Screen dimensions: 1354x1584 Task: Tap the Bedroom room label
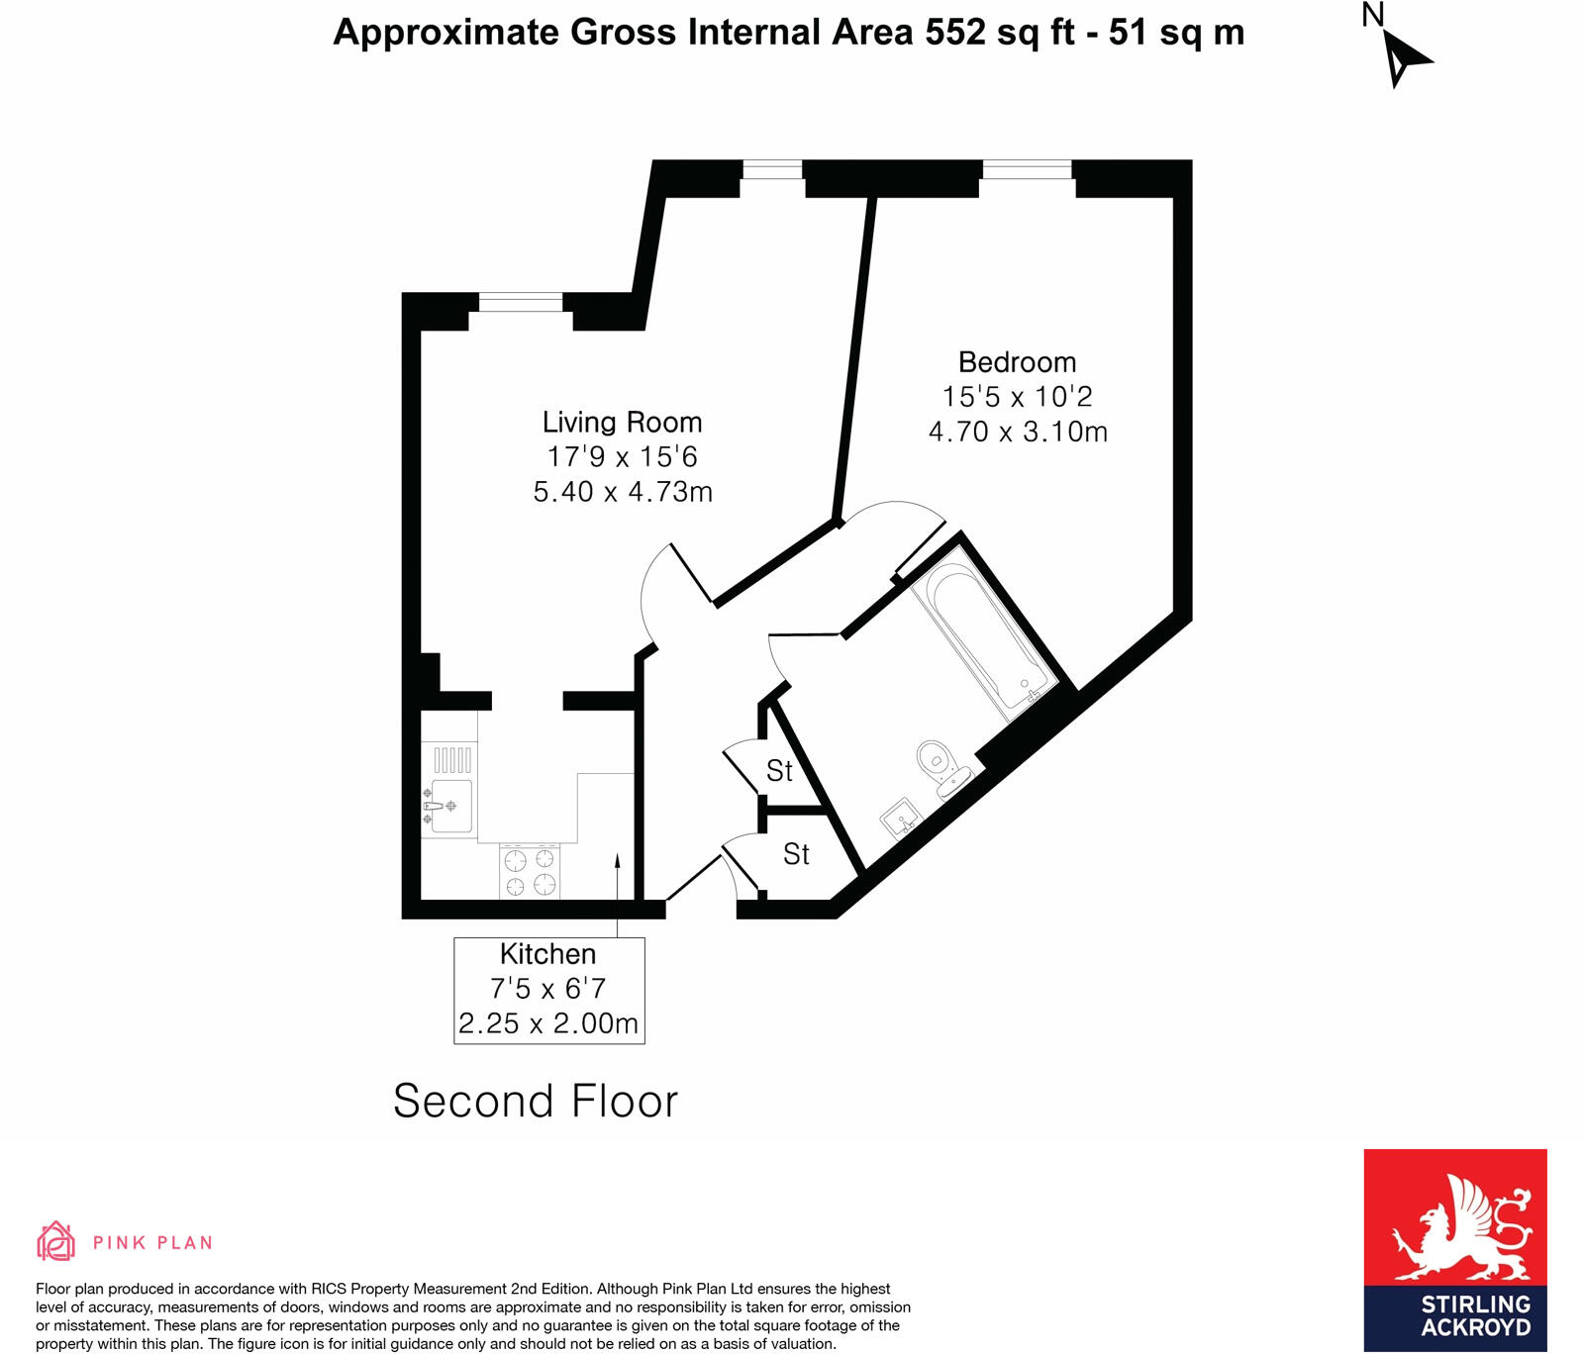tap(1017, 362)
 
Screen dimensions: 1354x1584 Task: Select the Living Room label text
tap(622, 423)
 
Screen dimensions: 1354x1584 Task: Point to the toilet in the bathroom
tap(938, 766)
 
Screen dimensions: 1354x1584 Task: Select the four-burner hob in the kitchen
tap(530, 872)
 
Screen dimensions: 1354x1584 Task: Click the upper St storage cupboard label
tap(779, 770)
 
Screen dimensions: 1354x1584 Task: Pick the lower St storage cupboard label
tap(796, 853)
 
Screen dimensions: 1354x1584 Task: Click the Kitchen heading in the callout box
tap(547, 954)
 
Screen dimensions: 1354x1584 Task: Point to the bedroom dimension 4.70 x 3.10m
tap(1018, 433)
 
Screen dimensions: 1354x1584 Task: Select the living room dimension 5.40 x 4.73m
tap(623, 492)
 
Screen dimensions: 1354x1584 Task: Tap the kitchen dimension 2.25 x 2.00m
tap(548, 1023)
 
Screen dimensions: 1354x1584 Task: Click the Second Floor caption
tap(536, 1102)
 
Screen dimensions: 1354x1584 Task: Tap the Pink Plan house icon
tap(56, 1241)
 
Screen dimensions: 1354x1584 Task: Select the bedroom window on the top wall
tap(1027, 169)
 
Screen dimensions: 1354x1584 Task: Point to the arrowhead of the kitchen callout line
tap(618, 860)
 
